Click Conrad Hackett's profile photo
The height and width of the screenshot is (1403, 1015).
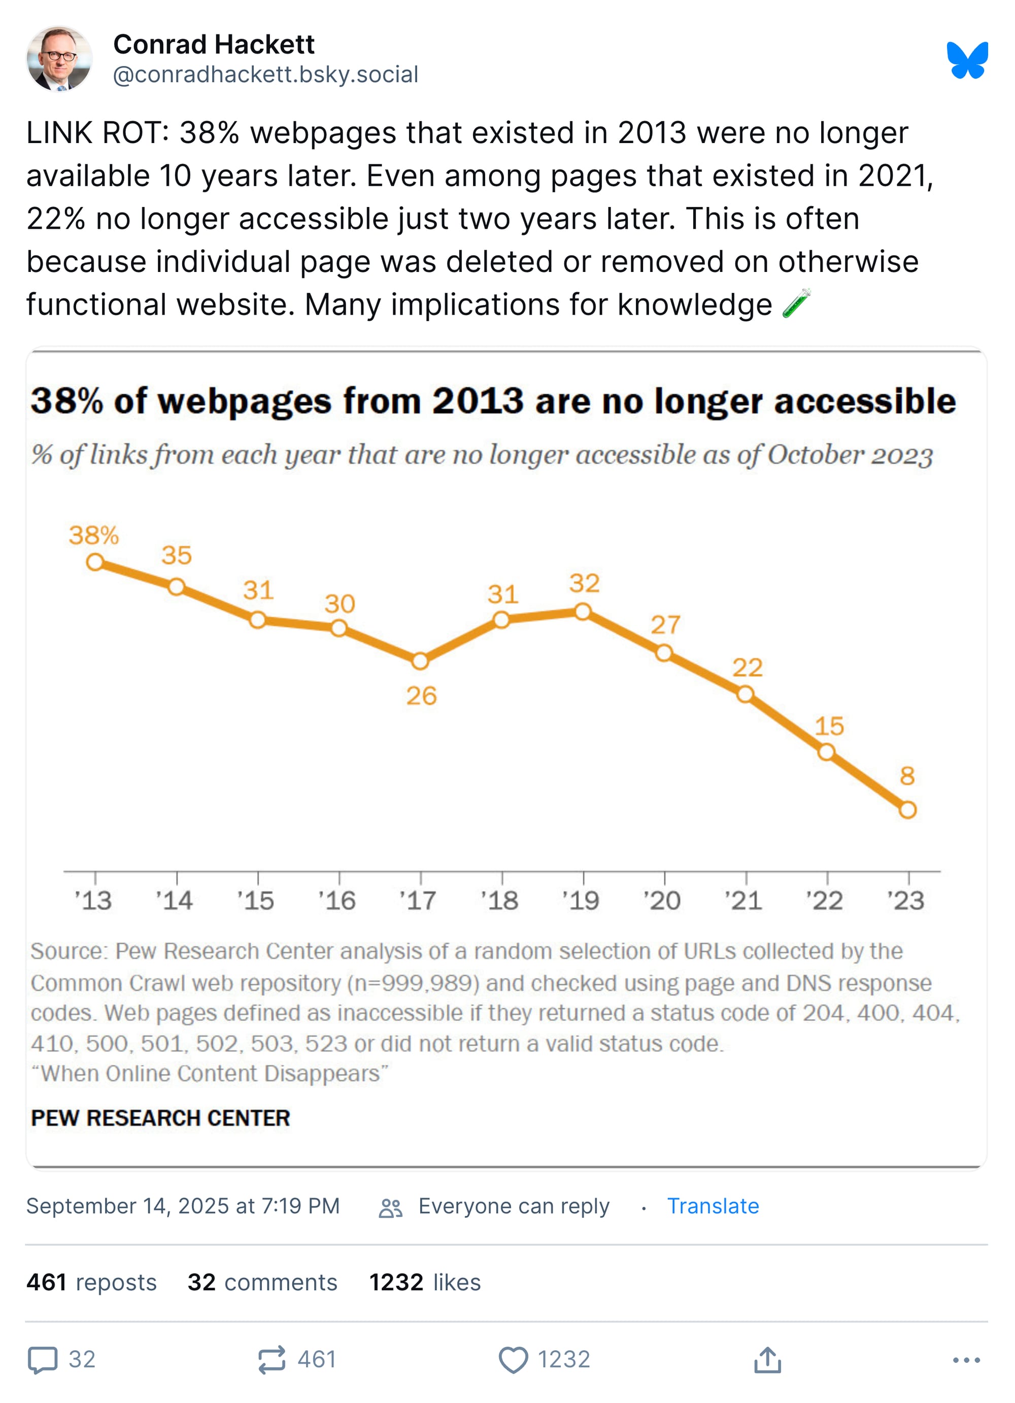(59, 59)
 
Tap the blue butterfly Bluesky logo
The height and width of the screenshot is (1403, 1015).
(967, 60)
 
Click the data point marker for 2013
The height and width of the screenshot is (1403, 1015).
(94, 562)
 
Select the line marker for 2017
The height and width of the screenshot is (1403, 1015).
(420, 661)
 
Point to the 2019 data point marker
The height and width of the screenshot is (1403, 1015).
(583, 611)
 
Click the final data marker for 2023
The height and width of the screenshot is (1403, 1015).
(907, 809)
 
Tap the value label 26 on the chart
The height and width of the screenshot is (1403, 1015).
(421, 696)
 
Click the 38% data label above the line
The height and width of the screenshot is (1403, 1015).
(93, 535)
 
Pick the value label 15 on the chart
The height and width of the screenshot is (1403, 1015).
(829, 726)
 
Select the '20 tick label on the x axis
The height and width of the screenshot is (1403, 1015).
(662, 900)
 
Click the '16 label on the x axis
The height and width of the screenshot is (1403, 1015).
(337, 900)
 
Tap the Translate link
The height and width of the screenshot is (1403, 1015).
(713, 1206)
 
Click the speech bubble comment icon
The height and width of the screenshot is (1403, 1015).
(43, 1360)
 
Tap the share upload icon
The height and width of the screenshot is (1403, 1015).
(767, 1360)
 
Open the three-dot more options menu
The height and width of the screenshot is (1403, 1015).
(966, 1360)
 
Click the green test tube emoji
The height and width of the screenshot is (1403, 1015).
(796, 304)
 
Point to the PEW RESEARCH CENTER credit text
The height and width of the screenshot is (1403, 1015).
(161, 1118)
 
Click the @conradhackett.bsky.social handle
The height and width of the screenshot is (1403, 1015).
(265, 74)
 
